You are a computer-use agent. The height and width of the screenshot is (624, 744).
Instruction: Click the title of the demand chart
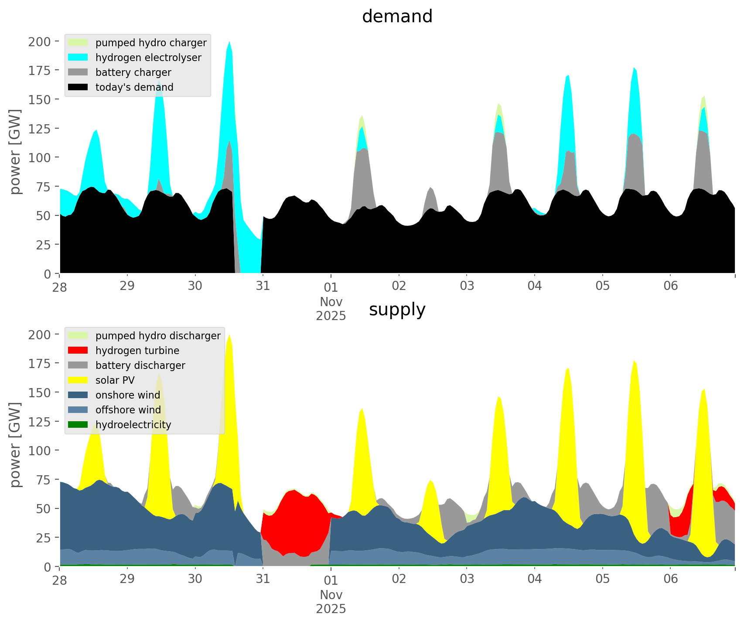(x=397, y=17)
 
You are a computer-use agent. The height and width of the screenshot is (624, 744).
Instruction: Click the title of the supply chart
(x=397, y=310)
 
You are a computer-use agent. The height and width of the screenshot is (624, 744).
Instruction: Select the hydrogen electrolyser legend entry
(x=148, y=58)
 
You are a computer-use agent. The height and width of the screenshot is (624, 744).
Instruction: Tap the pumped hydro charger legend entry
(x=151, y=43)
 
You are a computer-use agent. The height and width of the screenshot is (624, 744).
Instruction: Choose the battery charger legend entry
(x=133, y=72)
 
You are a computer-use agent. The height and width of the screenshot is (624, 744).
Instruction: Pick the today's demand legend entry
(x=134, y=87)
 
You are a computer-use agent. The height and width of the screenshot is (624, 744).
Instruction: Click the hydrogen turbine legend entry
(x=137, y=351)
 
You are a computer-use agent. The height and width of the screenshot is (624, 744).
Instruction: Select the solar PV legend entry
(x=115, y=380)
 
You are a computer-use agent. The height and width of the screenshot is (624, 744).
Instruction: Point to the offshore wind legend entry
(x=128, y=410)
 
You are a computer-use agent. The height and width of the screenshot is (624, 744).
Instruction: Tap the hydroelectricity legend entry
(x=133, y=425)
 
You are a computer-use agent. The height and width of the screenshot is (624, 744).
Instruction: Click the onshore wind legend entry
(x=128, y=395)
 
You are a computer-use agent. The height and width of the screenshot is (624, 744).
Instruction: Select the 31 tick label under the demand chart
(x=263, y=286)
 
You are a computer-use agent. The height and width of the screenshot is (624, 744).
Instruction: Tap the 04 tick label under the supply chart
(x=535, y=579)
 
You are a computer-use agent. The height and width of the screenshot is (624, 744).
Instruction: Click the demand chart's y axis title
(x=15, y=152)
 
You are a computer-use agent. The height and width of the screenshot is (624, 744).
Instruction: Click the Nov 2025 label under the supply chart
(x=331, y=602)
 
